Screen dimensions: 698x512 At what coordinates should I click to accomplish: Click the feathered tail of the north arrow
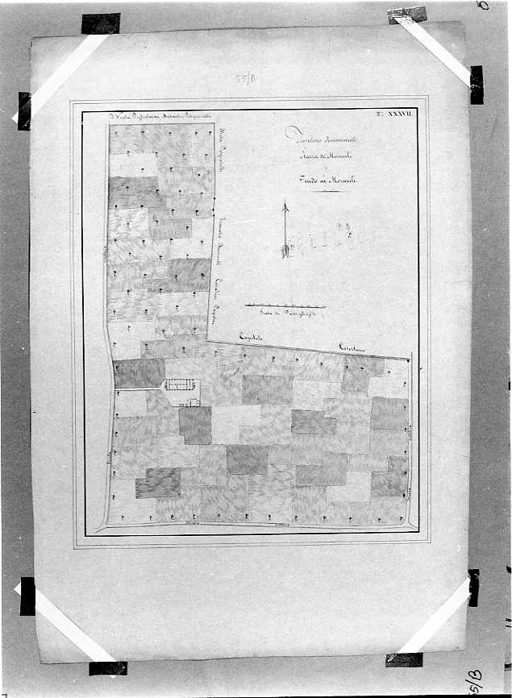click(x=285, y=251)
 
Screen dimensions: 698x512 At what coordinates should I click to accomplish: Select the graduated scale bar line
click(x=285, y=305)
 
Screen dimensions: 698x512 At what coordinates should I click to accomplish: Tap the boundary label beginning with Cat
click(x=352, y=347)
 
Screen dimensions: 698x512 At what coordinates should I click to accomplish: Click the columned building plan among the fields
click(x=181, y=384)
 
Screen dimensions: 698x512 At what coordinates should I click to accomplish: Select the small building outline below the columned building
click(x=192, y=401)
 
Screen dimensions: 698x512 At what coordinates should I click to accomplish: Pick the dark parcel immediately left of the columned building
click(x=139, y=373)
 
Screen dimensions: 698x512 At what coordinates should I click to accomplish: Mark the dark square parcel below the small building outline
click(x=195, y=425)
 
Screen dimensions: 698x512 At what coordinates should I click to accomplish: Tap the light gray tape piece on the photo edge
click(x=407, y=14)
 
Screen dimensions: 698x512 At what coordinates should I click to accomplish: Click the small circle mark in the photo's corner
click(x=484, y=5)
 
